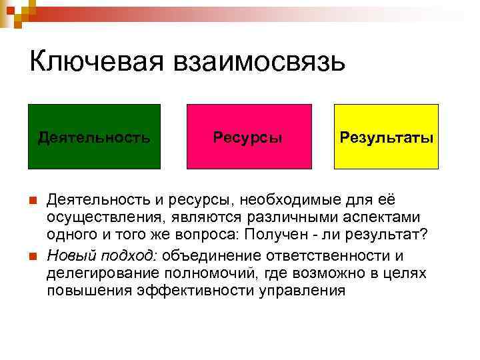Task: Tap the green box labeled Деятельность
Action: [94, 137]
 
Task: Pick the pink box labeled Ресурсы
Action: [249, 137]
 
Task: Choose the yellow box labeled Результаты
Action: [386, 137]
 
